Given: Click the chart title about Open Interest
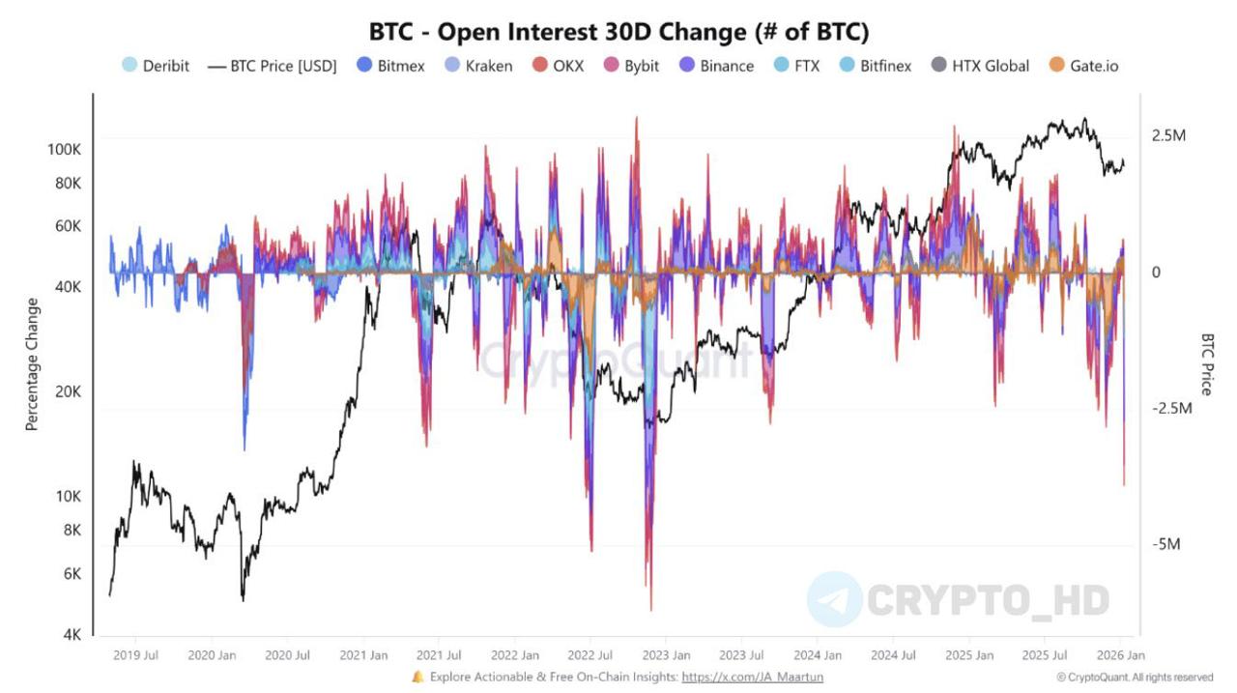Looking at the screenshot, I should (618, 31).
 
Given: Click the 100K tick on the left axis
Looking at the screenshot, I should (64, 150).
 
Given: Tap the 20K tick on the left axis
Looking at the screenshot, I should (68, 391).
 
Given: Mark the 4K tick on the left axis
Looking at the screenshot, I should (72, 635).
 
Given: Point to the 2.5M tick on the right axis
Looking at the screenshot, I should (1168, 135).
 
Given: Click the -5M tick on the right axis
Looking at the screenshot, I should (1165, 544).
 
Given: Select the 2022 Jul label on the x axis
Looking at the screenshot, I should (590, 655).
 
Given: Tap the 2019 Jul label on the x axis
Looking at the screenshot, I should (136, 655).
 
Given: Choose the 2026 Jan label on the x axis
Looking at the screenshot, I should (1121, 655).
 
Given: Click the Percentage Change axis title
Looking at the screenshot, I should (33, 363).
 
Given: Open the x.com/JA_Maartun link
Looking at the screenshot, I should (752, 678).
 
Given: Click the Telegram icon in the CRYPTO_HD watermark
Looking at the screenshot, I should (834, 599).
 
